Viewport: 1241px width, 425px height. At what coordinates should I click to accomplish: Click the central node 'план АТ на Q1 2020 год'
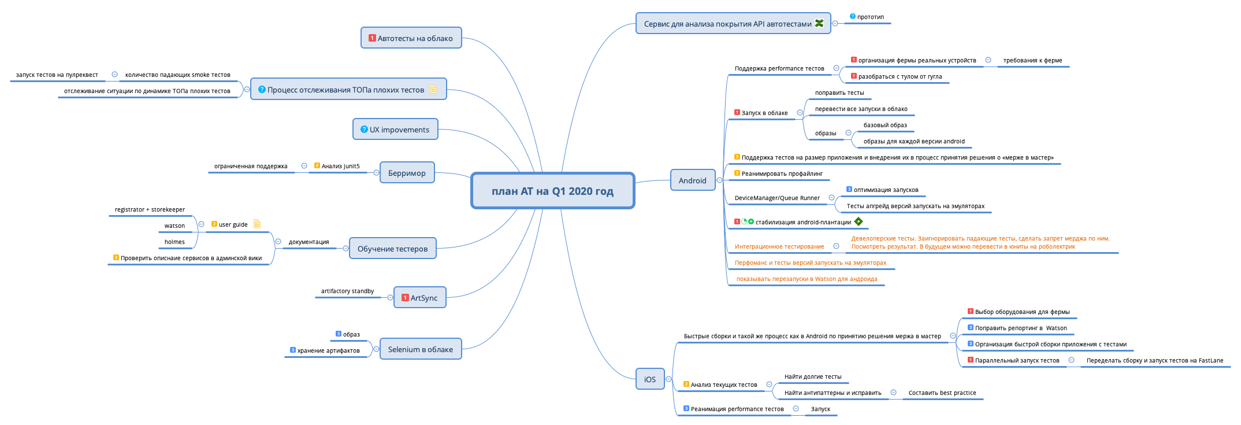[x=552, y=191]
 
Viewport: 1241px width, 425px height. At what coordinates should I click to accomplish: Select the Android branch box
[x=692, y=180]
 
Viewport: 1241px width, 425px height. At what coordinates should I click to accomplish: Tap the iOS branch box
[x=650, y=379]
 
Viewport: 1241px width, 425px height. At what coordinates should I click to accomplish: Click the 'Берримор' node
[x=407, y=173]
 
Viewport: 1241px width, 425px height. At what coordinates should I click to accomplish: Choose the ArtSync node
[x=420, y=298]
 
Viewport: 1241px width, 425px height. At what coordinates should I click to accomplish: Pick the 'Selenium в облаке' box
[x=421, y=349]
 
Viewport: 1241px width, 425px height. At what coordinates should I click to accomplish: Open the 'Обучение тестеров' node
[x=392, y=249]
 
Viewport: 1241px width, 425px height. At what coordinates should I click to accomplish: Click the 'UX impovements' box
[x=395, y=130]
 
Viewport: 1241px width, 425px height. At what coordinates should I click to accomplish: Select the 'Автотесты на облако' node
[x=411, y=38]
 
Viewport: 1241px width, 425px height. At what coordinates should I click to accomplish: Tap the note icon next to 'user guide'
[x=257, y=224]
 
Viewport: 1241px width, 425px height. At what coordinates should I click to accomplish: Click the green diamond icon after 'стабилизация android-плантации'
[x=859, y=221]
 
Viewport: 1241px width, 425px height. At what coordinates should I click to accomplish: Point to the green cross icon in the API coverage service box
[x=819, y=23]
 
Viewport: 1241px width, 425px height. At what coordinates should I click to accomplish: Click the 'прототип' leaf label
[x=870, y=17]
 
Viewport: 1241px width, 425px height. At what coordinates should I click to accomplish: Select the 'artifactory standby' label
[x=347, y=291]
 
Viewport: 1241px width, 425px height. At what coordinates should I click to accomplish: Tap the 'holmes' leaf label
[x=174, y=242]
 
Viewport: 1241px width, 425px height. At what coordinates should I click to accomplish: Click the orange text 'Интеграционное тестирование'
[x=779, y=247]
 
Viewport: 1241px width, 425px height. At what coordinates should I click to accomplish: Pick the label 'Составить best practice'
[x=942, y=393]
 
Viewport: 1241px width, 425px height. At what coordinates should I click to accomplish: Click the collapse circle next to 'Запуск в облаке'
[x=800, y=113]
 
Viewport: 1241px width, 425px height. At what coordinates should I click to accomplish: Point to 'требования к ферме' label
[x=1032, y=61]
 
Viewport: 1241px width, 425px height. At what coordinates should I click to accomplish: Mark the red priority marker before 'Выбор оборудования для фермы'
[x=971, y=312]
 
